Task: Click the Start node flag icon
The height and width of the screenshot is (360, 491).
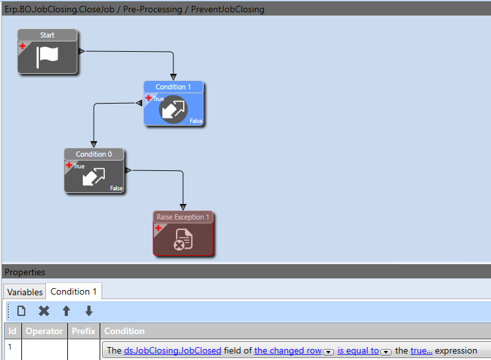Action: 47,56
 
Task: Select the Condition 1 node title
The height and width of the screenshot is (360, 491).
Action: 173,87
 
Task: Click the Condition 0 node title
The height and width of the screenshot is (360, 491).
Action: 94,154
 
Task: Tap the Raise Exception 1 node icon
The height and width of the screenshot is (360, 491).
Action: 183,240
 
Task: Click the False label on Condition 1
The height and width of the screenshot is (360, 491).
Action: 195,121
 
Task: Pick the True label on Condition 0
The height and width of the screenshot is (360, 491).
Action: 79,166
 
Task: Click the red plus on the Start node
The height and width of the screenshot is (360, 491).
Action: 22,46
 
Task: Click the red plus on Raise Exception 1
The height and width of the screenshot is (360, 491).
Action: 158,228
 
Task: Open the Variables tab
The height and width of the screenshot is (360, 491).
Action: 25,291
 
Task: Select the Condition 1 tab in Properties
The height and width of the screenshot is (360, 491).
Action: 74,291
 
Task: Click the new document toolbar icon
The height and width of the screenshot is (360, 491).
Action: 21,311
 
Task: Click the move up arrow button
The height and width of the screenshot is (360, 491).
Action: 66,311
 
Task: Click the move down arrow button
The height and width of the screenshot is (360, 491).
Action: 89,311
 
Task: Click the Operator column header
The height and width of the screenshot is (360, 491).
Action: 44,331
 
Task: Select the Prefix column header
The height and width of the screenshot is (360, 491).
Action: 83,331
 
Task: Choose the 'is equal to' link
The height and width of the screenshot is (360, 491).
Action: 358,350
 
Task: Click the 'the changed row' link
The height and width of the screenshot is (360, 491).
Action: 288,350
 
